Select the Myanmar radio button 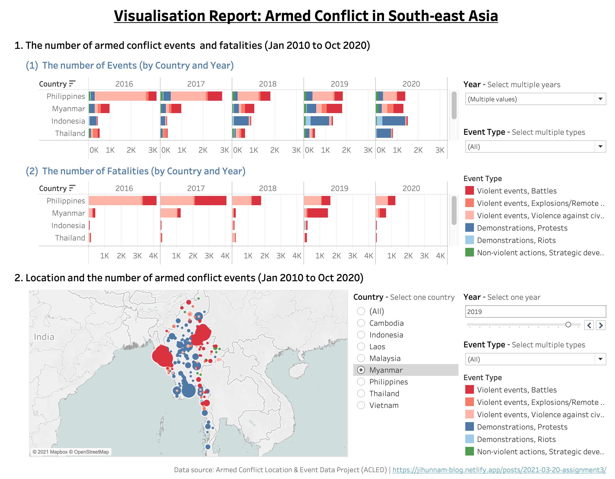[x=361, y=370]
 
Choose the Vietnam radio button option [x=361, y=405]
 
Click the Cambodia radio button [x=361, y=323]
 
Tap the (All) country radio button [x=361, y=311]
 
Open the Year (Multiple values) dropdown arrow [x=600, y=99]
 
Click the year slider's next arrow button [x=601, y=325]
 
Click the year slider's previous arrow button [x=589, y=325]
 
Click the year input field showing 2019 [x=535, y=312]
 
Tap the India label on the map [x=44, y=337]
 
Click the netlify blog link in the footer [x=499, y=470]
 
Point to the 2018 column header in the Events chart [x=268, y=84]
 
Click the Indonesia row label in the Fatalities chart [x=68, y=226]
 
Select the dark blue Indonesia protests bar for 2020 [x=394, y=121]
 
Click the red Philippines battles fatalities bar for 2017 [x=210, y=201]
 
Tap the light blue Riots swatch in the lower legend [x=470, y=439]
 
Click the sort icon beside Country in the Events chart [x=72, y=83]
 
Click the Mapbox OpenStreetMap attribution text [x=71, y=452]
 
